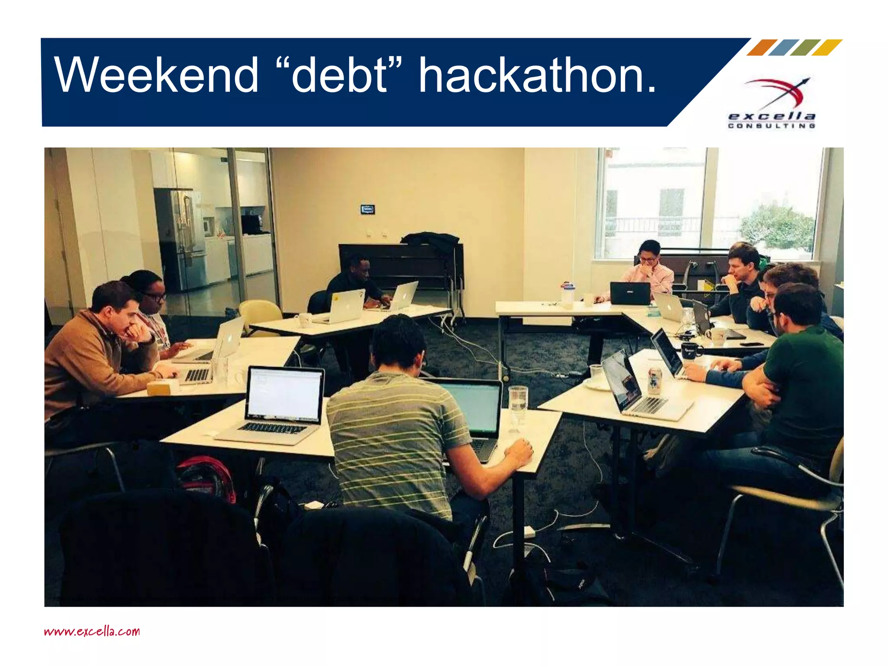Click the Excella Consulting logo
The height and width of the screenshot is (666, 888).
click(x=772, y=104)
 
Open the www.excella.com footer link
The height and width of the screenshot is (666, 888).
click(x=92, y=631)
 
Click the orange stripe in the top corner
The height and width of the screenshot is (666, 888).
click(x=762, y=47)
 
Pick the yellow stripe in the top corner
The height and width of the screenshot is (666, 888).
click(x=827, y=47)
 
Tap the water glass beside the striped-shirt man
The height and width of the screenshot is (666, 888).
click(x=518, y=405)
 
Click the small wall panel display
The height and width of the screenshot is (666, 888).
click(x=367, y=210)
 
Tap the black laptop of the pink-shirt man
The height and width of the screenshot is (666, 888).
click(x=630, y=293)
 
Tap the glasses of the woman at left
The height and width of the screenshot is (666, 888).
click(x=155, y=297)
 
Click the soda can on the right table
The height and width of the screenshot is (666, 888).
click(x=654, y=380)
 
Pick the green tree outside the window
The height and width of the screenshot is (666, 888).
click(x=778, y=228)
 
